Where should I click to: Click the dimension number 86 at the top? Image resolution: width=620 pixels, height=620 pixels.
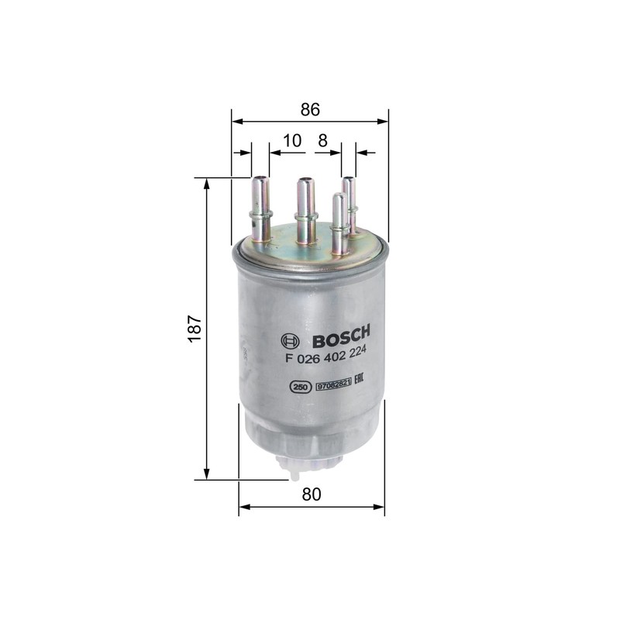pyautogui.click(x=310, y=109)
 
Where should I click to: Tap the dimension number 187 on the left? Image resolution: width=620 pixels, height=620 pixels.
pyautogui.click(x=195, y=328)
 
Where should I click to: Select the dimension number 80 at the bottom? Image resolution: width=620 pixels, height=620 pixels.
pyautogui.click(x=312, y=494)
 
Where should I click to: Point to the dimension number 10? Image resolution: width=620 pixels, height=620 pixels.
pyautogui.click(x=292, y=140)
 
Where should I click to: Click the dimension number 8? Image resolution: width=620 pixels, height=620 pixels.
pyautogui.click(x=322, y=140)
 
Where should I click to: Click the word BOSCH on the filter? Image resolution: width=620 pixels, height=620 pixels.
pyautogui.click(x=341, y=336)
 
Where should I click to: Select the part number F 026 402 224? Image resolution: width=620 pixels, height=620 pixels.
pyautogui.click(x=325, y=356)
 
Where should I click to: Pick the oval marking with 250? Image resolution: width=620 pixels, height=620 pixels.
pyautogui.click(x=301, y=387)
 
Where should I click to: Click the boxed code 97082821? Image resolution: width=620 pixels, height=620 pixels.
pyautogui.click(x=333, y=384)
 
